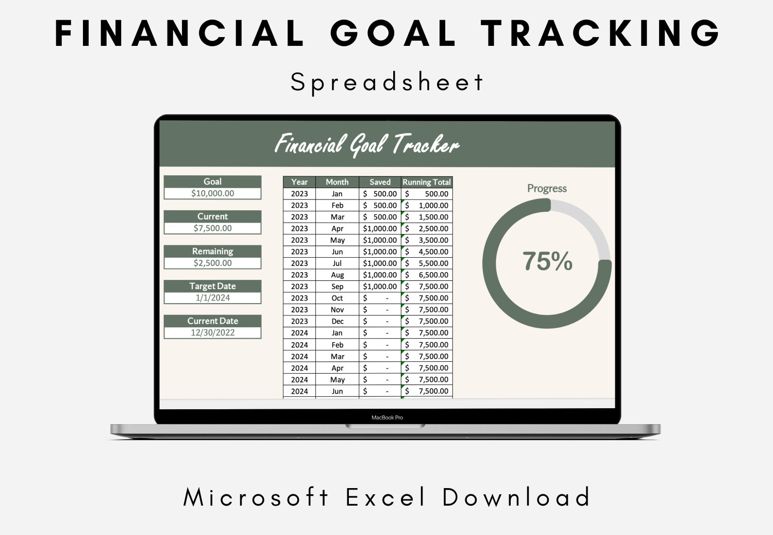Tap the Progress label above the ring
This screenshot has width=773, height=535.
(x=547, y=189)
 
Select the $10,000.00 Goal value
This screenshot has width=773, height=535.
(x=212, y=193)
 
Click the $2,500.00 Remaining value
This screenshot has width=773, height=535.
(x=212, y=263)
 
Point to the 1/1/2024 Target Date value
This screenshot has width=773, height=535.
(x=212, y=298)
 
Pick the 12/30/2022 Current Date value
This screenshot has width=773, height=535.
(x=212, y=333)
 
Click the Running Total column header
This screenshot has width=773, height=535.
(x=427, y=182)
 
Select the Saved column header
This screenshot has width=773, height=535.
(x=380, y=182)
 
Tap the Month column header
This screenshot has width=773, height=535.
(x=337, y=182)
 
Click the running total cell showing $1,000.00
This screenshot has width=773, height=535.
(x=427, y=205)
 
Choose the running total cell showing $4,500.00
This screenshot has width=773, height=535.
(x=427, y=252)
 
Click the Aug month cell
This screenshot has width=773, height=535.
(x=337, y=275)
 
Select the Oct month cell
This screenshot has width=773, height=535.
(x=337, y=298)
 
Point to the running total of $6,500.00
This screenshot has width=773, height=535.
(x=427, y=275)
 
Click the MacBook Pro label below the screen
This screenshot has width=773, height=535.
(x=387, y=417)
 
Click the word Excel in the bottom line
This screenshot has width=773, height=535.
(x=385, y=497)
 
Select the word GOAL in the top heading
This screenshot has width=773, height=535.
(x=393, y=33)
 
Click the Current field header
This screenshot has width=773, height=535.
(x=212, y=216)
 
